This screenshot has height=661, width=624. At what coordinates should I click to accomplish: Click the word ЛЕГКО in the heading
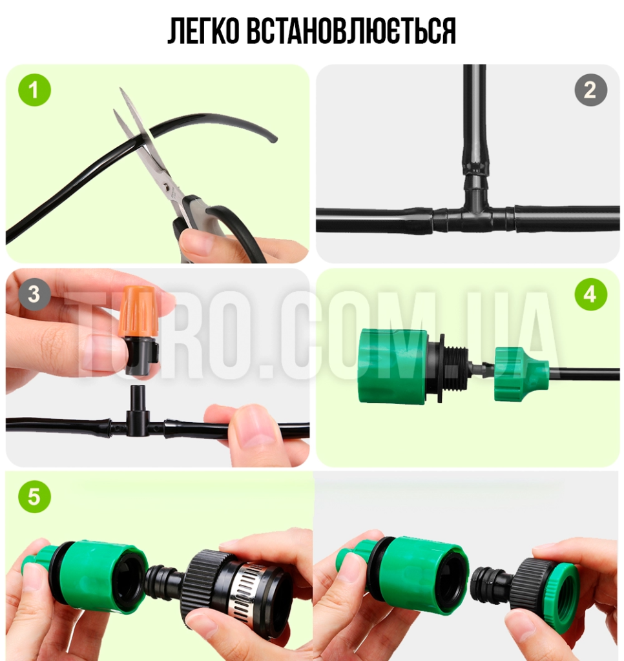coord(203,31)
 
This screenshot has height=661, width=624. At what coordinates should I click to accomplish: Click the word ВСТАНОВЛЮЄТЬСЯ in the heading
coord(351,31)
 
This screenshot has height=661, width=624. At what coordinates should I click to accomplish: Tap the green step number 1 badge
coord(35,90)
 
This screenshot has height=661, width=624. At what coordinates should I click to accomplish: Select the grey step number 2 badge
coord(590,90)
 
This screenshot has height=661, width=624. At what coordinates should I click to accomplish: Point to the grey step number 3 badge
coord(35,294)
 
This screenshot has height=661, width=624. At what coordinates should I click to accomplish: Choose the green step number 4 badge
coord(590,294)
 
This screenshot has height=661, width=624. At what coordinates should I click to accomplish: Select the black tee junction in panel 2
coord(473,210)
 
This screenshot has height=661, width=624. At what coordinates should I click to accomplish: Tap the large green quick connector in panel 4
coord(393,365)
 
